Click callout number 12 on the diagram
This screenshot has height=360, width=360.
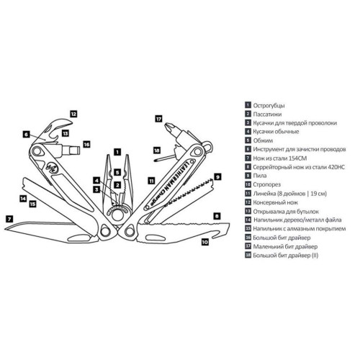pos(73,114)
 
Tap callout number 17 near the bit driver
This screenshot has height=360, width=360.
pos(158,119)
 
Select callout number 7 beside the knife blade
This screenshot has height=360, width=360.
pos(9,219)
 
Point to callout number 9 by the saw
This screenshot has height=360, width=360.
pos(217,177)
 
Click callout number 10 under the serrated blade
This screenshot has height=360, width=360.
pos(205,242)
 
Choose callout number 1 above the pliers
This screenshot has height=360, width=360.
pos(117,152)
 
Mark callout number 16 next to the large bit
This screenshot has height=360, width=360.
pos(86,144)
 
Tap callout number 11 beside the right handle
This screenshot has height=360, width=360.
pos(151,181)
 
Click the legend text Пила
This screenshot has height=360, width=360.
pos(260,176)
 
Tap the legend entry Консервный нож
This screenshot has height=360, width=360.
pos(276,202)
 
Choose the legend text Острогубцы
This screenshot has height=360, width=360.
pos(269,106)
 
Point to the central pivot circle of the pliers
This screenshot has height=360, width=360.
pos(117,215)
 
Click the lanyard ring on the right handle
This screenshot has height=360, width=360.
pos(208,145)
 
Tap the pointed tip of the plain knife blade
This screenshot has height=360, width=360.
pos(5,229)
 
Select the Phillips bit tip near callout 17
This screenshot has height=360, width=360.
pos(168,125)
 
